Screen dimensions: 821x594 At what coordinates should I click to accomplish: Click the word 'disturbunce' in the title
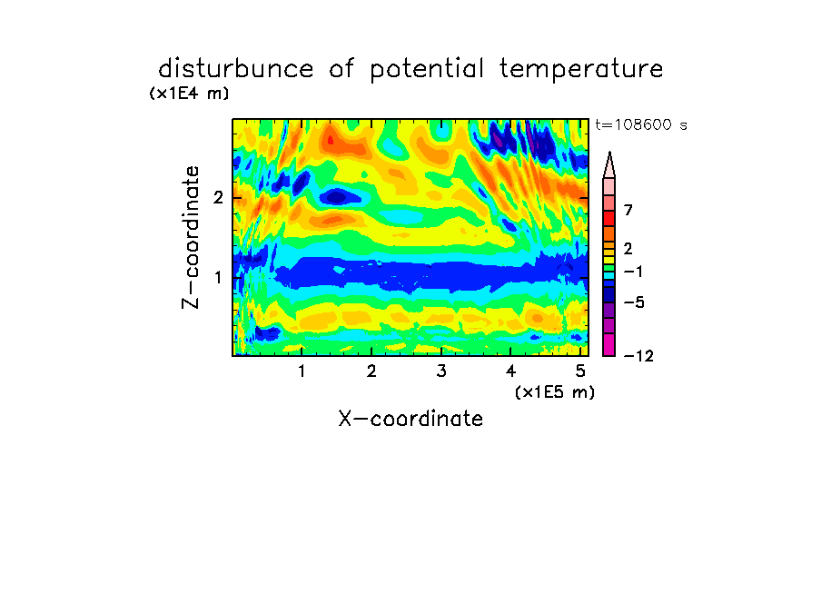tap(236, 69)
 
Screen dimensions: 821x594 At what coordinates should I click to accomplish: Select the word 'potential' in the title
tap(427, 70)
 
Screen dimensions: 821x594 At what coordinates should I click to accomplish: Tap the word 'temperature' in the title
tap(581, 70)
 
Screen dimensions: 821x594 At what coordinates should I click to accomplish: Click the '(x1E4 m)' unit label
tap(189, 94)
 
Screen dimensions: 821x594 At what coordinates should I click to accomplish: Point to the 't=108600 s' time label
tap(641, 124)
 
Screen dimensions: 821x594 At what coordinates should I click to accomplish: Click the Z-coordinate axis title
tap(191, 237)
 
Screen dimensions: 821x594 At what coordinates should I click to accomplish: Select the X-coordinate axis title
tap(410, 419)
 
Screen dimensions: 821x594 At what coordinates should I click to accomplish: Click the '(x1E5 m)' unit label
tap(555, 391)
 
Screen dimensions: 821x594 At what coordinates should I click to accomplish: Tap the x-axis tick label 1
tap(302, 371)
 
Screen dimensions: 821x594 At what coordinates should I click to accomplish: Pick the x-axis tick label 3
tap(441, 371)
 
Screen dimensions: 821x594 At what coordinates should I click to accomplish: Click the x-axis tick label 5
tap(580, 371)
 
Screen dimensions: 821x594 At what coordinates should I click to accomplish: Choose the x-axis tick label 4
tap(510, 371)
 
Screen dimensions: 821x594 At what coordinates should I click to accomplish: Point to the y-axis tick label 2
tap(218, 198)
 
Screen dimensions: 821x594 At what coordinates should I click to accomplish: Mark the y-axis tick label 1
tap(218, 278)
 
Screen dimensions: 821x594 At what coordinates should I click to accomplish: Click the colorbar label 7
tap(628, 211)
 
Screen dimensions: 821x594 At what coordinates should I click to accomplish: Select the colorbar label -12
tap(638, 356)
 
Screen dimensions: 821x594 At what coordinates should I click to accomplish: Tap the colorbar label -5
tap(634, 302)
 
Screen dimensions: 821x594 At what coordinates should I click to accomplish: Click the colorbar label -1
tap(633, 272)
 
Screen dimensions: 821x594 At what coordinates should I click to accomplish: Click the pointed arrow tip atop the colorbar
tap(609, 153)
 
